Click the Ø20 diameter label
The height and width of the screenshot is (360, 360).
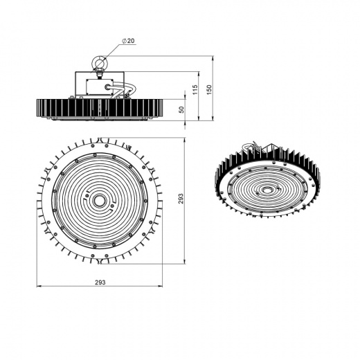tap(128, 42)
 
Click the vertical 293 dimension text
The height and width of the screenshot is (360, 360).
tap(181, 199)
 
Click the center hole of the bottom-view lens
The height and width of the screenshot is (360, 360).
tap(99, 199)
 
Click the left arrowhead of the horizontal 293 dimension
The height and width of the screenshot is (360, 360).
tap(37, 285)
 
